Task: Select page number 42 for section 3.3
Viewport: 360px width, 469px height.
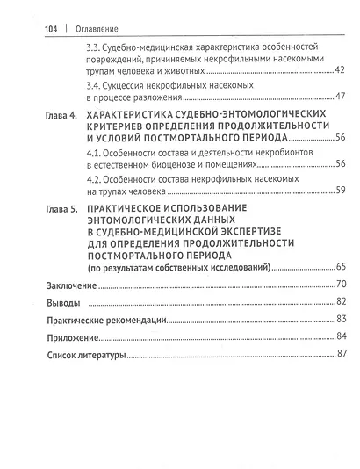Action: coord(341,69)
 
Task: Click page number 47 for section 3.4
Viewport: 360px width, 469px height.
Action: coord(341,97)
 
